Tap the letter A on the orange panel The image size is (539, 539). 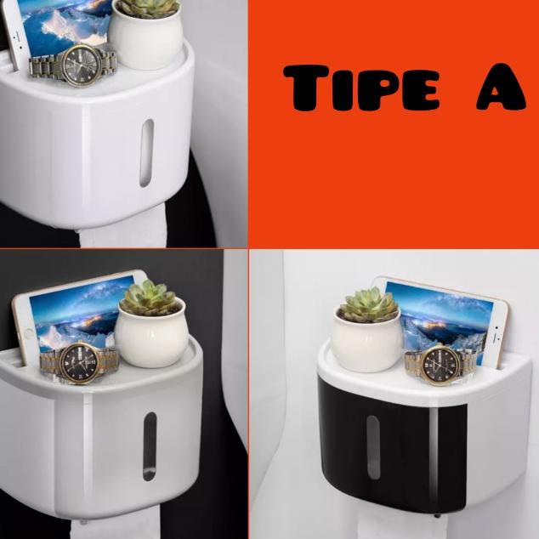[x=501, y=88]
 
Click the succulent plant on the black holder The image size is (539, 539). [x=368, y=305]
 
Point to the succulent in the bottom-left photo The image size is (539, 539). [x=148, y=298]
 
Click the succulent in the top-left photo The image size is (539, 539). [x=147, y=8]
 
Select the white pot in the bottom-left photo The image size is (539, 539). [x=150, y=338]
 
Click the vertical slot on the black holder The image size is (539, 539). [x=372, y=446]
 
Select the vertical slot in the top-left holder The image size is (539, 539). [x=146, y=152]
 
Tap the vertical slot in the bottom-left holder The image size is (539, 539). [x=150, y=447]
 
